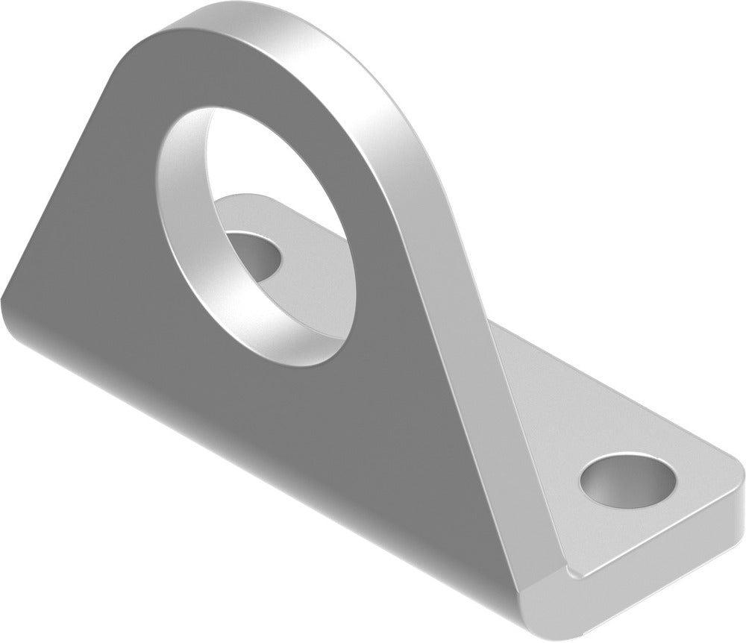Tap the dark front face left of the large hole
[97, 246]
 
